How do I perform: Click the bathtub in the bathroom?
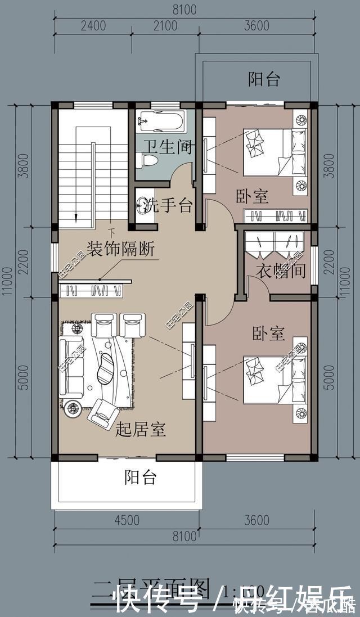162,120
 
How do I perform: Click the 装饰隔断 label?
120,248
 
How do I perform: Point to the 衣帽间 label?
281,271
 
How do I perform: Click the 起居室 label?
140,431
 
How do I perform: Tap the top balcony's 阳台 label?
264,79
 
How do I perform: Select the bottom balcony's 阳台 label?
140,478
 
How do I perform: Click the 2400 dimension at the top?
93,26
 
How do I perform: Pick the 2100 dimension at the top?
165,26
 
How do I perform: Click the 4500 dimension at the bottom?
127,520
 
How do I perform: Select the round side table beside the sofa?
73,409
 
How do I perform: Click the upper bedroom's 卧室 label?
251,196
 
